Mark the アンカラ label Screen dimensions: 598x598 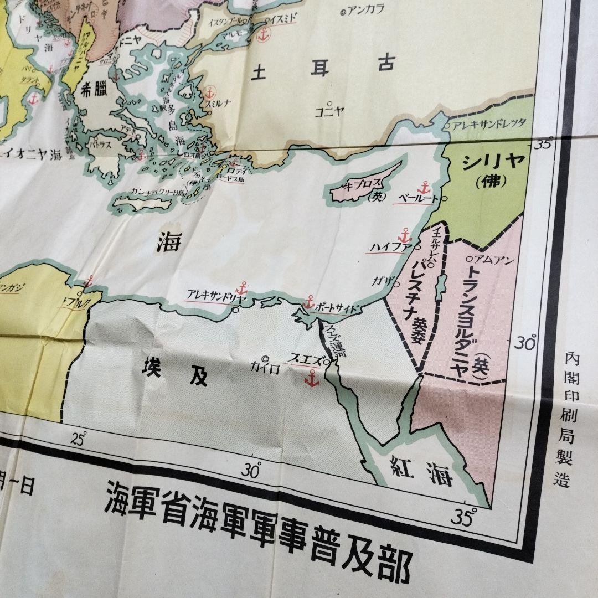(x=365, y=10)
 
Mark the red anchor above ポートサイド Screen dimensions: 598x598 (x=309, y=302)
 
